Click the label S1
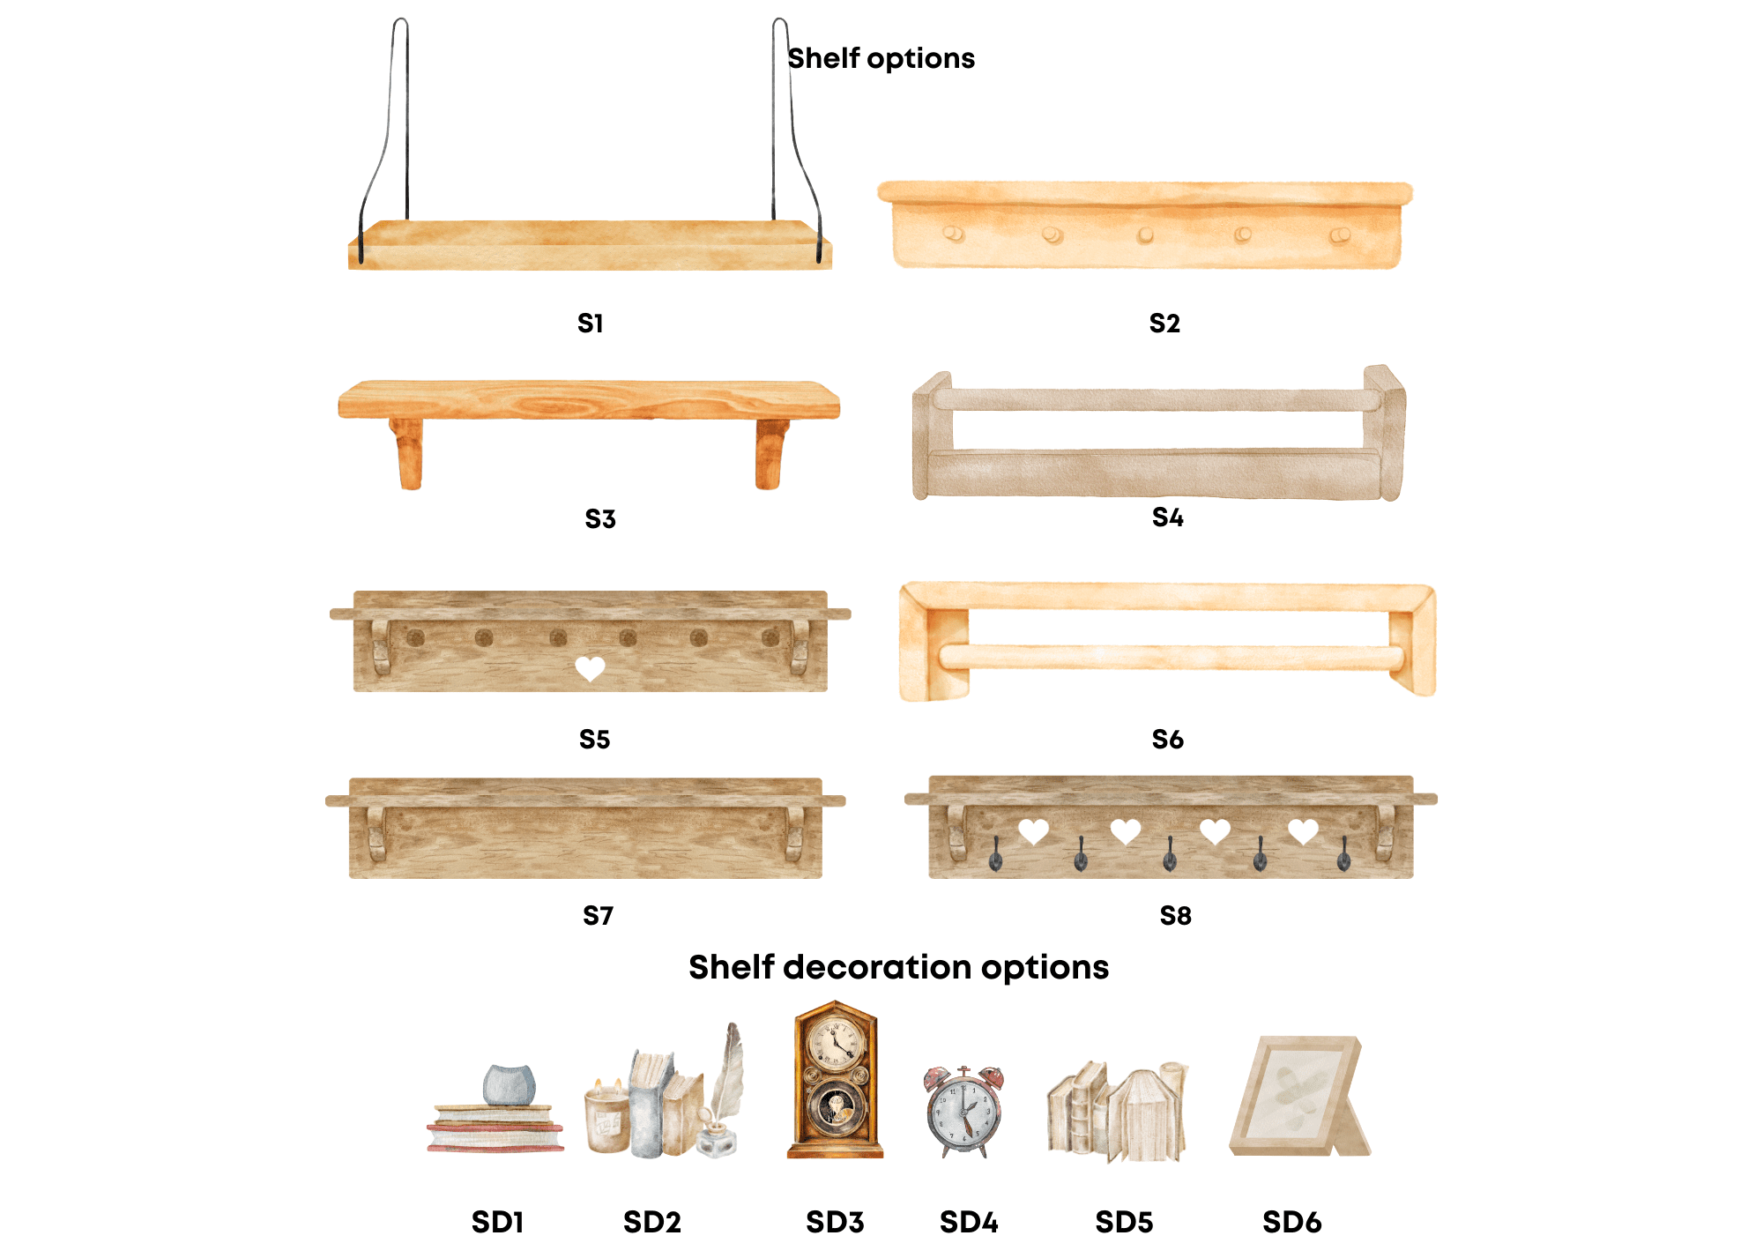click(x=590, y=324)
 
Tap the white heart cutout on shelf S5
click(x=590, y=669)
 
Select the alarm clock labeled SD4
click(x=964, y=1111)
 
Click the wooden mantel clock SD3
click(x=835, y=1079)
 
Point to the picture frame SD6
click(x=1300, y=1096)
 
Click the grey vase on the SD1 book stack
click(x=510, y=1085)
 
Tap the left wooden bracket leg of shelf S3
click(x=408, y=453)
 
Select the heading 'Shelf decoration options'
click(x=898, y=967)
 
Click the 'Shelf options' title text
click(x=881, y=58)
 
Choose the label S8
click(x=1175, y=916)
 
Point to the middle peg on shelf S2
click(x=1145, y=235)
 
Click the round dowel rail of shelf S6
click(x=1172, y=657)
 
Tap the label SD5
click(x=1124, y=1222)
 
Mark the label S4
click(x=1168, y=517)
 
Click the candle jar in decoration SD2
click(x=607, y=1116)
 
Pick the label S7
click(x=598, y=916)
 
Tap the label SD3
click(x=835, y=1222)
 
